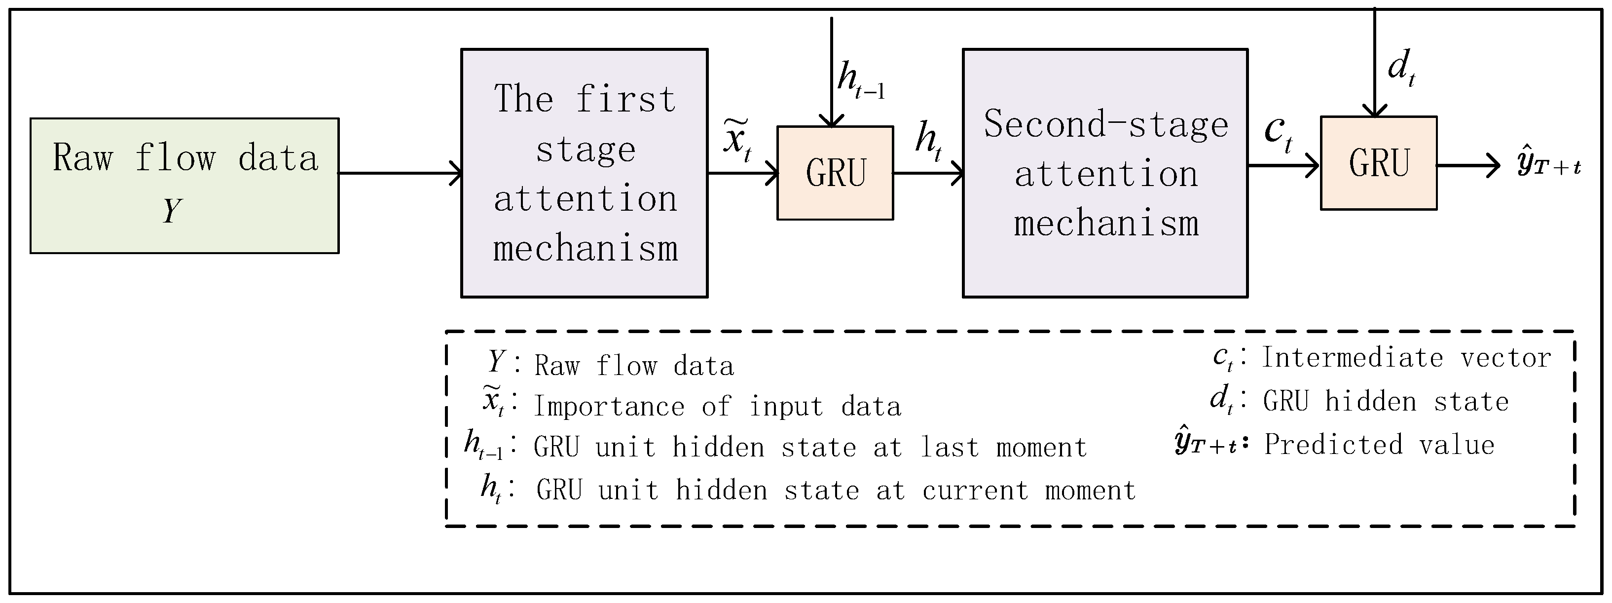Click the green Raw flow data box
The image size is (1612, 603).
click(184, 186)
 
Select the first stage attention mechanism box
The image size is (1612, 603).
click(584, 173)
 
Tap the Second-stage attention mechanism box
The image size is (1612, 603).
click(1104, 173)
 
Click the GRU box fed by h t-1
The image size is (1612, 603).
click(835, 173)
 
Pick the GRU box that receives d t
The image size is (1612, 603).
click(1378, 163)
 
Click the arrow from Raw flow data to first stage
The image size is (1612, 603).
click(401, 173)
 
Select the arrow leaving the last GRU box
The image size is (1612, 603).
click(1467, 166)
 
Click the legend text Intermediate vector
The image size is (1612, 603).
click(1405, 358)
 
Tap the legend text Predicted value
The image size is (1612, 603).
click(1379, 445)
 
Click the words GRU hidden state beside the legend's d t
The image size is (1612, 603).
click(1386, 401)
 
